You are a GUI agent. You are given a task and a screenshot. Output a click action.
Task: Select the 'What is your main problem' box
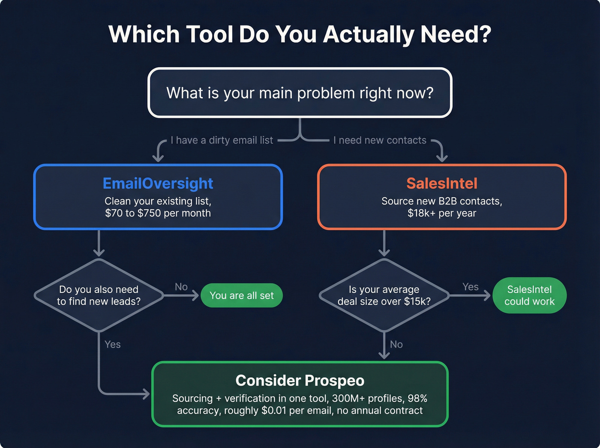click(x=300, y=93)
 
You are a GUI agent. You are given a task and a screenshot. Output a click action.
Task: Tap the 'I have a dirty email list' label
click(x=222, y=140)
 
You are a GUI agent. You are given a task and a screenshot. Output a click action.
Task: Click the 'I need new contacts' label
click(x=380, y=140)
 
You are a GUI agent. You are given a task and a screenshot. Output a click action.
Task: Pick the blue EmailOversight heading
click(x=158, y=183)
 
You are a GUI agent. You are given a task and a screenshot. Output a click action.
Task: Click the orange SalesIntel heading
click(x=441, y=183)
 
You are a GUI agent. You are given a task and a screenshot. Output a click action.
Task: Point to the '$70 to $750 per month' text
click(x=158, y=213)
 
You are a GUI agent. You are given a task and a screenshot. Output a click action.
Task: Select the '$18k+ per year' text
click(x=441, y=213)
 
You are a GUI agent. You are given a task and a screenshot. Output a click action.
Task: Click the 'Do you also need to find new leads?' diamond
click(x=99, y=295)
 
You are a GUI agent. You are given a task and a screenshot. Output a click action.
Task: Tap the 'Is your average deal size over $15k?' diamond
click(x=384, y=295)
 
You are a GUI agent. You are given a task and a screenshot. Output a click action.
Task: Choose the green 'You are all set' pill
click(x=242, y=295)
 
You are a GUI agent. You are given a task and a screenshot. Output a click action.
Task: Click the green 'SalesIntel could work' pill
click(x=529, y=295)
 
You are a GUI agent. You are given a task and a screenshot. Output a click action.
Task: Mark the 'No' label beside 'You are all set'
click(x=181, y=287)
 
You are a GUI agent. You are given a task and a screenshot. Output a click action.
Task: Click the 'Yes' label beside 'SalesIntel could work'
click(x=470, y=287)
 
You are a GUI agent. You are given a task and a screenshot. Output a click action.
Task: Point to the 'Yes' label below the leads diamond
click(x=112, y=344)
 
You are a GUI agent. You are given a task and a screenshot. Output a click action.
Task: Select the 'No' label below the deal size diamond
click(x=396, y=344)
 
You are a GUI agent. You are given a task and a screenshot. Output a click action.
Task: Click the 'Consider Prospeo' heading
click(x=300, y=381)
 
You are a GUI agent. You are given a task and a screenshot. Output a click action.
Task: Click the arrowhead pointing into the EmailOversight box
click(x=158, y=159)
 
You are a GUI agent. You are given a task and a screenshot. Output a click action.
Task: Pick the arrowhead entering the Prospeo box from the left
click(x=147, y=394)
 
